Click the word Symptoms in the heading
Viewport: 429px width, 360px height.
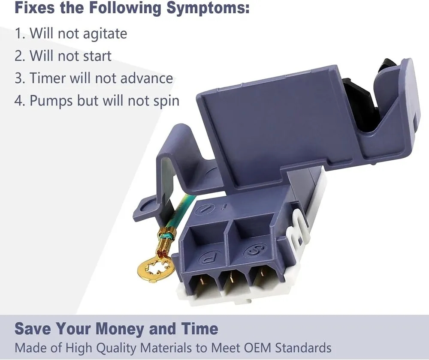coord(208,8)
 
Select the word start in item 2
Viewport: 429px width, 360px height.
coord(97,56)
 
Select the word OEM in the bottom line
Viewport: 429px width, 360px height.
coord(257,348)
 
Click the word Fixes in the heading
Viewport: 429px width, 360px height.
coord(34,7)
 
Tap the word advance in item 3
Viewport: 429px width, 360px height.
coord(147,78)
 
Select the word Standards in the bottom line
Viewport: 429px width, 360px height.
coord(303,348)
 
